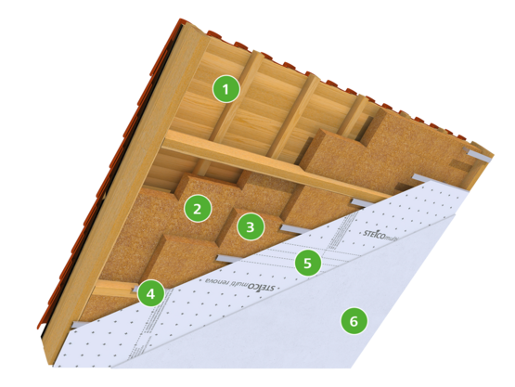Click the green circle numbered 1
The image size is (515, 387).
(225, 90)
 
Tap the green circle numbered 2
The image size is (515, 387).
(196, 207)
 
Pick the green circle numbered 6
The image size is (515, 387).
(353, 321)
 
